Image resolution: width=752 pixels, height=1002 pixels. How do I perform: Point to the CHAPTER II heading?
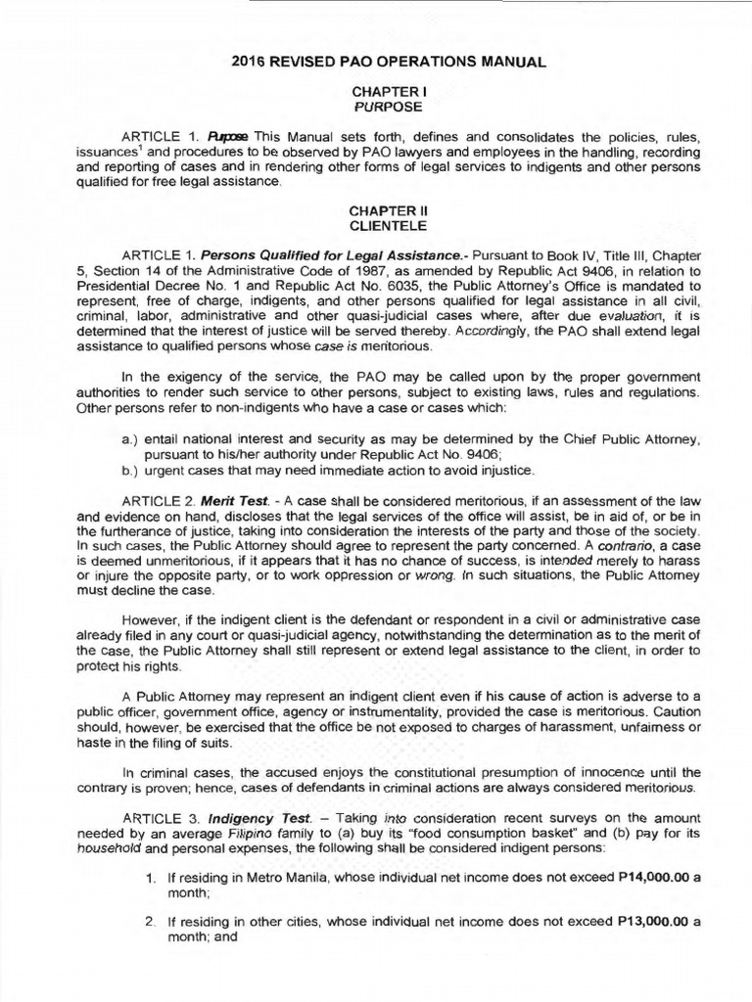tap(377, 210)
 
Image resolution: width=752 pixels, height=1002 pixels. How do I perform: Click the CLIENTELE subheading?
tap(377, 225)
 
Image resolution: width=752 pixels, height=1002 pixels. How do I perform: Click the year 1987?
tap(351, 271)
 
